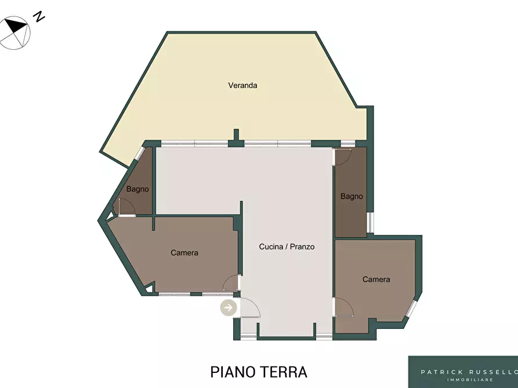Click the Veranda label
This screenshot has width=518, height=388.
click(242, 86)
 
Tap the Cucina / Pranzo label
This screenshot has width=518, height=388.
click(287, 247)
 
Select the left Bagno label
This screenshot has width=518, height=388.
click(137, 189)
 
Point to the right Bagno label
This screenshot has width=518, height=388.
click(352, 197)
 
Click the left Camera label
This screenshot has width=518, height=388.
click(184, 252)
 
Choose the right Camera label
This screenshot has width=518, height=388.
click(376, 280)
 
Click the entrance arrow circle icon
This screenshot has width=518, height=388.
click(229, 308)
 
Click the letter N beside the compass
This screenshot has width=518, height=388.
click(39, 16)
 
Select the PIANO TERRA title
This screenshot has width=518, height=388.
click(259, 372)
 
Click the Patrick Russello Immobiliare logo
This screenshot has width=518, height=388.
click(463, 372)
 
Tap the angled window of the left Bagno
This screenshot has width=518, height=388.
click(140, 153)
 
